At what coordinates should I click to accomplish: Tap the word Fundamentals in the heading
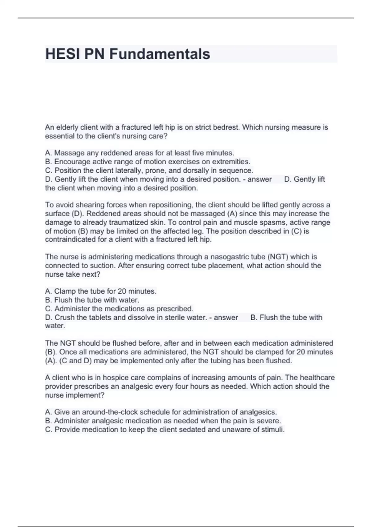click(x=159, y=54)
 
